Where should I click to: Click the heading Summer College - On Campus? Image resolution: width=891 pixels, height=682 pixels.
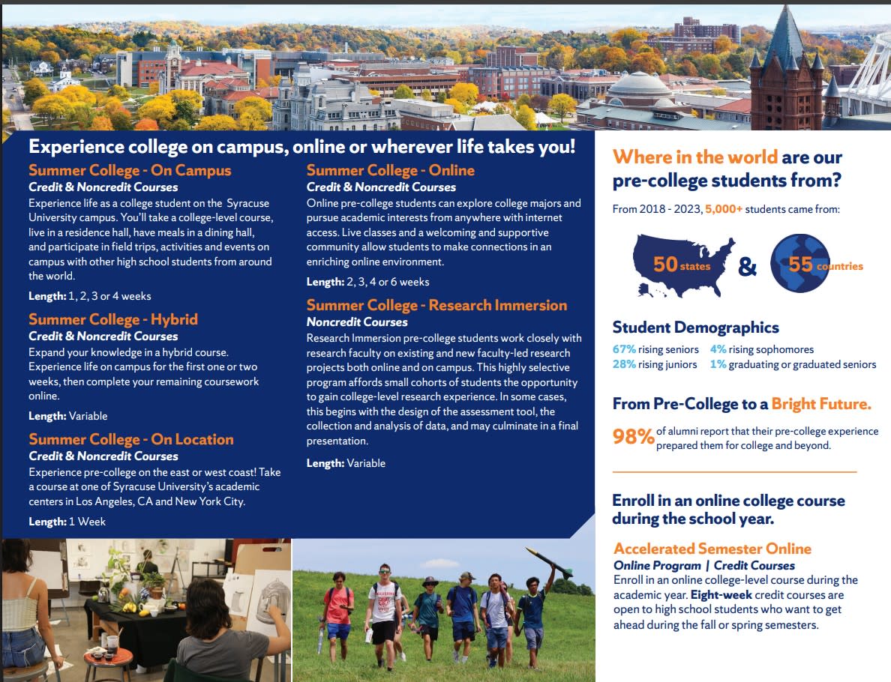pyautogui.click(x=130, y=170)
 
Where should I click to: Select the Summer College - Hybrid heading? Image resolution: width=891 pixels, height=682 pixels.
pyautogui.click(x=113, y=319)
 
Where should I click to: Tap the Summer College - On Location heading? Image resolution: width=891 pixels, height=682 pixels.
pyautogui.click(x=131, y=439)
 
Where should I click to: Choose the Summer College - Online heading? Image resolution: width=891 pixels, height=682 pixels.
pyautogui.click(x=391, y=170)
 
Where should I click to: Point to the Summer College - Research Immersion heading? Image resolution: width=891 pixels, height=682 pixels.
pyautogui.click(x=436, y=305)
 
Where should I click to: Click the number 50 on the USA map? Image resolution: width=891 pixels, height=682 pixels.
pyautogui.click(x=664, y=264)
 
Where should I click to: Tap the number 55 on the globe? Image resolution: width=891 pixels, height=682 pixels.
pyautogui.click(x=801, y=264)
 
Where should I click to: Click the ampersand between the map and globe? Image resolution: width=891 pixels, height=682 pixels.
pyautogui.click(x=747, y=266)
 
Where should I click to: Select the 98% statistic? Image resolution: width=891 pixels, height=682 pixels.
pyautogui.click(x=633, y=436)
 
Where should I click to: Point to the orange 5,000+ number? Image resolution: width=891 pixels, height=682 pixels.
pyautogui.click(x=723, y=209)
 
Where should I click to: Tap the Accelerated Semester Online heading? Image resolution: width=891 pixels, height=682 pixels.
pyautogui.click(x=712, y=549)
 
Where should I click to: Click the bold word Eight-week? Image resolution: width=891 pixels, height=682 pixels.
pyautogui.click(x=721, y=594)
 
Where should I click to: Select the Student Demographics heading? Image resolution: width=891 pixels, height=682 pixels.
pyautogui.click(x=695, y=327)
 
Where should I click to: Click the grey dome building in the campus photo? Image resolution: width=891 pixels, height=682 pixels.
pyautogui.click(x=640, y=87)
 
